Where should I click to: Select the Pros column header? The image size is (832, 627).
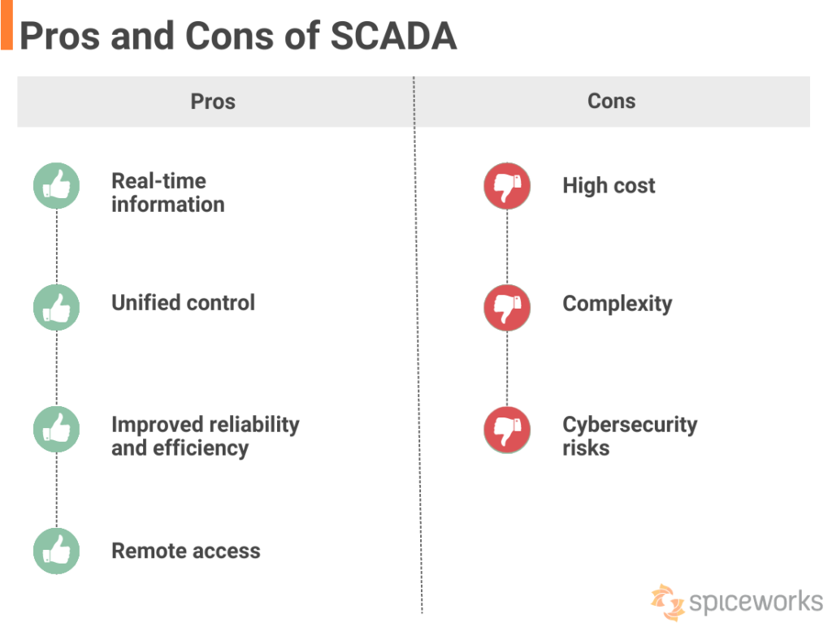click(x=213, y=102)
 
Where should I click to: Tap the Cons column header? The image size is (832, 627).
click(x=611, y=101)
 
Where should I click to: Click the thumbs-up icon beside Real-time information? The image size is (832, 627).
click(x=56, y=186)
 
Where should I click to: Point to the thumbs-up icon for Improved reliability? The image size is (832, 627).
click(x=56, y=430)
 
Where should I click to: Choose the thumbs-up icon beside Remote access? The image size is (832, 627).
click(x=56, y=551)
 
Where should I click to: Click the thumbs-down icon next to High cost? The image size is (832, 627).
click(x=507, y=186)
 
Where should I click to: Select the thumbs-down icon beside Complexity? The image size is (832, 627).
click(x=507, y=308)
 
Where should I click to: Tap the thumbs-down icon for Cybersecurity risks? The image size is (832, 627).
click(x=507, y=430)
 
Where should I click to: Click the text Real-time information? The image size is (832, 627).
click(x=167, y=192)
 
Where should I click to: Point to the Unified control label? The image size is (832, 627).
click(x=183, y=303)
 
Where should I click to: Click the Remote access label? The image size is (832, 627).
click(x=186, y=551)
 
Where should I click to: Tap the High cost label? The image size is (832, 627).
click(x=609, y=186)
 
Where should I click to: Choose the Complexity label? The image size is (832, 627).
click(x=617, y=305)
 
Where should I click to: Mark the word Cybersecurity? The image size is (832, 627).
click(x=630, y=425)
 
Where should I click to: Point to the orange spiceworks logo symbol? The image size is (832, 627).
click(x=667, y=602)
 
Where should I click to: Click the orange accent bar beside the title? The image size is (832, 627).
click(x=6, y=25)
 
